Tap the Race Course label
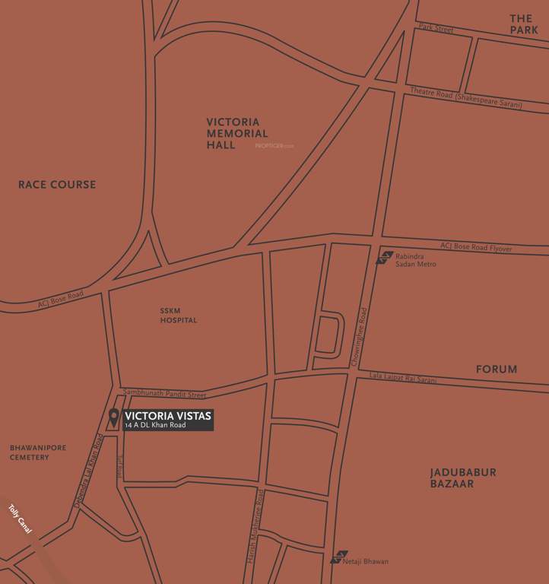[57, 185]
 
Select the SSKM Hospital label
[178, 316]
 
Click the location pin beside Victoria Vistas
[113, 417]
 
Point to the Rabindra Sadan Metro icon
[386, 257]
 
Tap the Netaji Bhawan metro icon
[339, 557]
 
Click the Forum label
[497, 370]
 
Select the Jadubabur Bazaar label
[463, 478]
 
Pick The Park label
[524, 24]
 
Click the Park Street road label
[436, 29]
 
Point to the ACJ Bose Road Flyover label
[476, 248]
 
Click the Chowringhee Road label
[363, 337]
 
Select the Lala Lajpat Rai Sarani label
[403, 377]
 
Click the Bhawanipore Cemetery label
[38, 452]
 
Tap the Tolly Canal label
[20, 519]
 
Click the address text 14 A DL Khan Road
[155, 425]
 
